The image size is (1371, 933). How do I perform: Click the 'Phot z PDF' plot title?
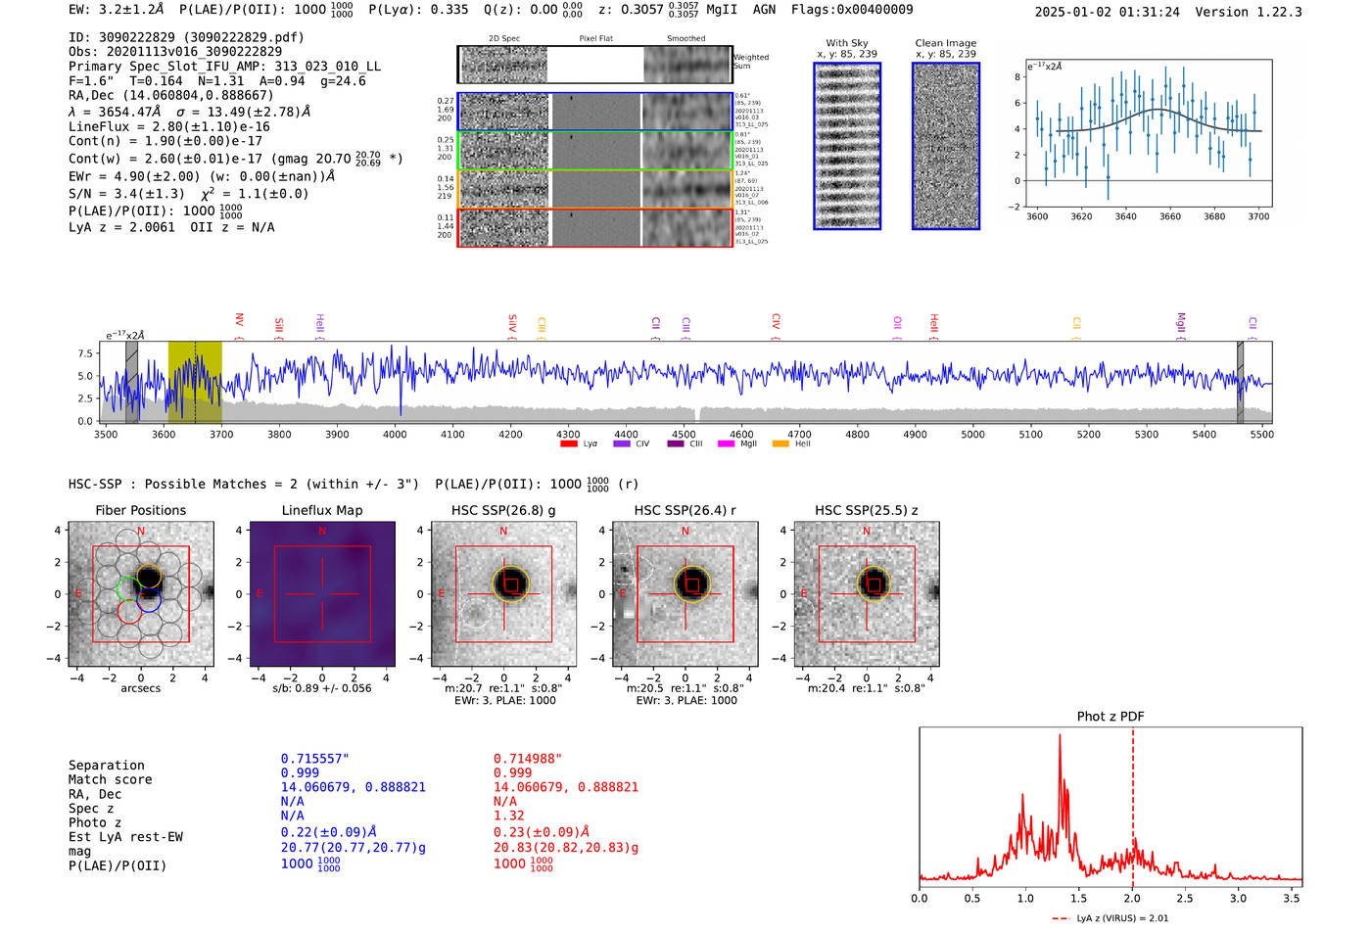coord(1111,717)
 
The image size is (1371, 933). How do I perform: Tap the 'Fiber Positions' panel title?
coord(140,510)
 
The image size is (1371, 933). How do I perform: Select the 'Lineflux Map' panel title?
coord(322,510)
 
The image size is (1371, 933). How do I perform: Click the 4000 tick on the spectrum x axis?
coord(395,434)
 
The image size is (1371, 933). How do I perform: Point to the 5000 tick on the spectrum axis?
coord(972,434)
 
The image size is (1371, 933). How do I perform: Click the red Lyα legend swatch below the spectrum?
coord(568,444)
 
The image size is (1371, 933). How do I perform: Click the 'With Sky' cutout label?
coord(847,43)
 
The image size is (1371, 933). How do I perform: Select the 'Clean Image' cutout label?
coord(946,43)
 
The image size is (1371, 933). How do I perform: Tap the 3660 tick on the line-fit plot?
coord(1170,216)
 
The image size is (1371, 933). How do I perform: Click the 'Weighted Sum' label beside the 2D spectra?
coord(751,62)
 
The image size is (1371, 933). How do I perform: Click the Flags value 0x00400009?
coord(873,9)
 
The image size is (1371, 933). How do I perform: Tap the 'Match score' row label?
coord(110,779)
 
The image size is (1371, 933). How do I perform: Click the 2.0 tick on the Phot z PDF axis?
coord(1132,898)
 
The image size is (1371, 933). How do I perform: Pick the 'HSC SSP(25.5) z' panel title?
coord(867,510)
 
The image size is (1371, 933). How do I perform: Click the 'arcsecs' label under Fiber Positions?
coord(141,688)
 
